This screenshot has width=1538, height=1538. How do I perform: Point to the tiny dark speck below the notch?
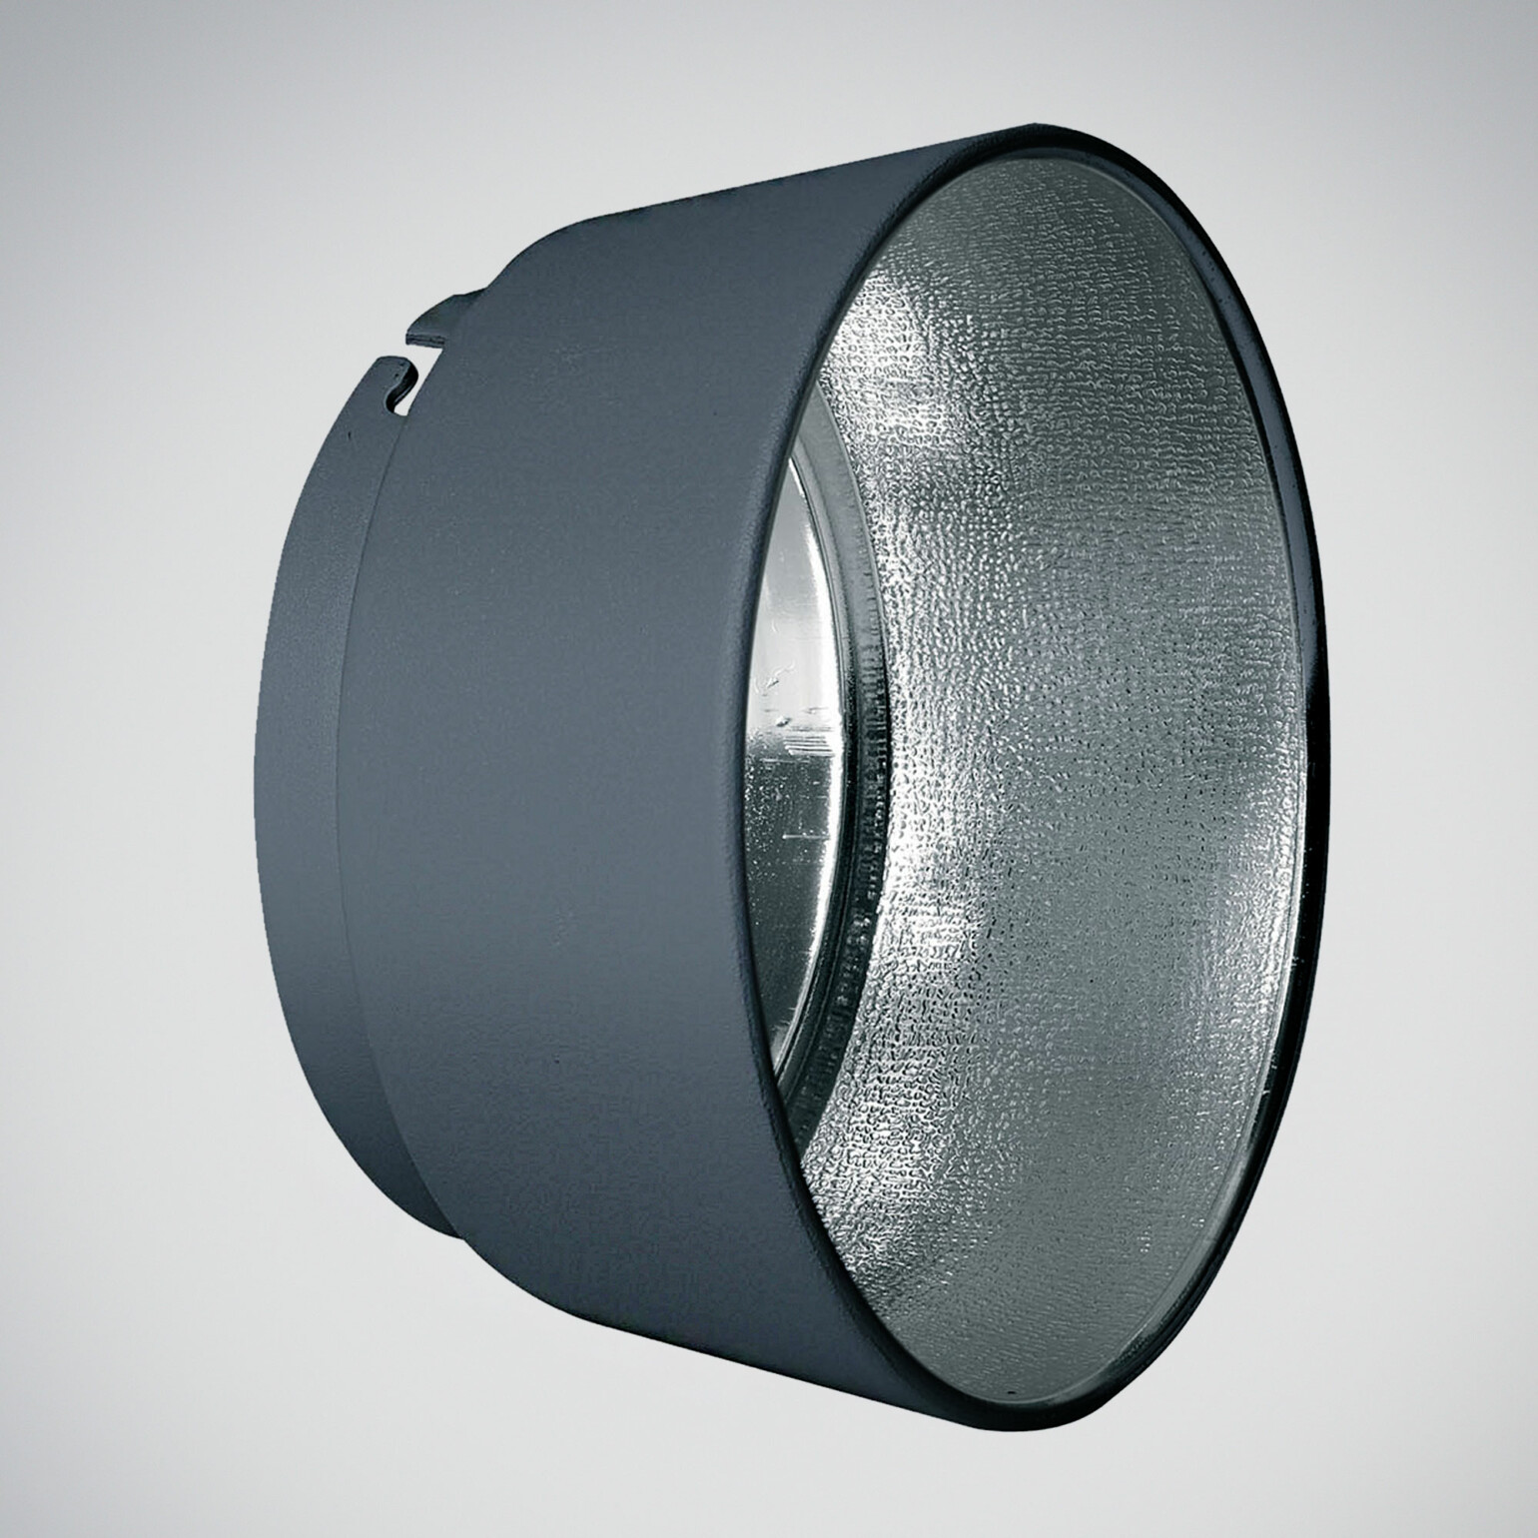[350, 437]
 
